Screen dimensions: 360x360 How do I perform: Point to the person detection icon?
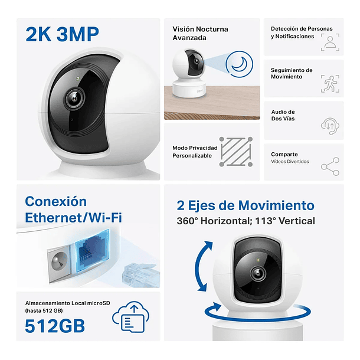click(330, 41)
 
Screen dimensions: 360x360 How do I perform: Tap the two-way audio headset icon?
click(329, 125)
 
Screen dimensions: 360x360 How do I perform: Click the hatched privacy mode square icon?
click(235, 152)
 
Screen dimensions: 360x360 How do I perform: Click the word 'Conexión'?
click(55, 201)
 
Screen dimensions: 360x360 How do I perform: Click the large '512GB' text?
click(54, 325)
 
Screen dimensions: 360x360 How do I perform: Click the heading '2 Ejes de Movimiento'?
click(246, 205)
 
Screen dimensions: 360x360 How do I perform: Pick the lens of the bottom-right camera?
click(257, 273)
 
